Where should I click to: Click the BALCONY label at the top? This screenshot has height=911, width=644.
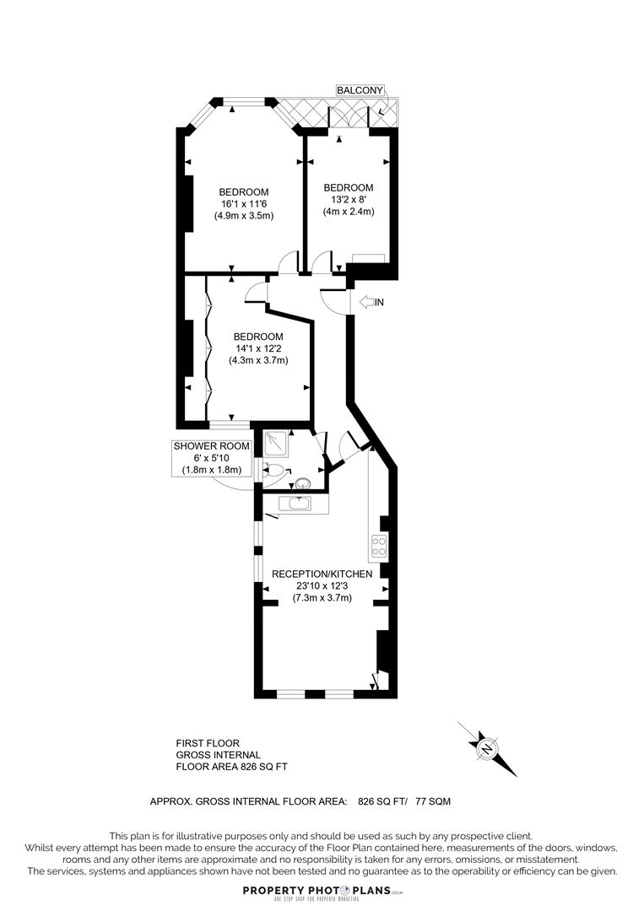coord(360,89)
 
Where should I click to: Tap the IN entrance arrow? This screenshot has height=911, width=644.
coord(371,302)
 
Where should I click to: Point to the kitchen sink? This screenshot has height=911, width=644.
coord(295,504)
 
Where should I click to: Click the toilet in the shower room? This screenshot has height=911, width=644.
coord(273,471)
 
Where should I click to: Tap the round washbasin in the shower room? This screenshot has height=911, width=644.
coord(303,484)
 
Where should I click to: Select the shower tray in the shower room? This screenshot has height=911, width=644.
coord(277,441)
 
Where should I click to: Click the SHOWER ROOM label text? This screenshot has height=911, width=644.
coord(211,445)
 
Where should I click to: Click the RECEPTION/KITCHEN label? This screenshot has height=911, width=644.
coord(322,574)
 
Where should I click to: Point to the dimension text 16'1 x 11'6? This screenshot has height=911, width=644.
coord(243,203)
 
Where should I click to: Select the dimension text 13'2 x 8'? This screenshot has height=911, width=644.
coord(348,200)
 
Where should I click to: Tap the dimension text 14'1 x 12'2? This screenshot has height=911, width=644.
coord(258,348)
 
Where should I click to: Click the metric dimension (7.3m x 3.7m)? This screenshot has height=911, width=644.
coord(322,598)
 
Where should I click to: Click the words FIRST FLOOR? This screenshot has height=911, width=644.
coord(207,743)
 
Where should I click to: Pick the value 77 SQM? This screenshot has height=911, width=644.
coord(436,800)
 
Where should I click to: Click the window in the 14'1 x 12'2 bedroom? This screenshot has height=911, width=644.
coord(229,422)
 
